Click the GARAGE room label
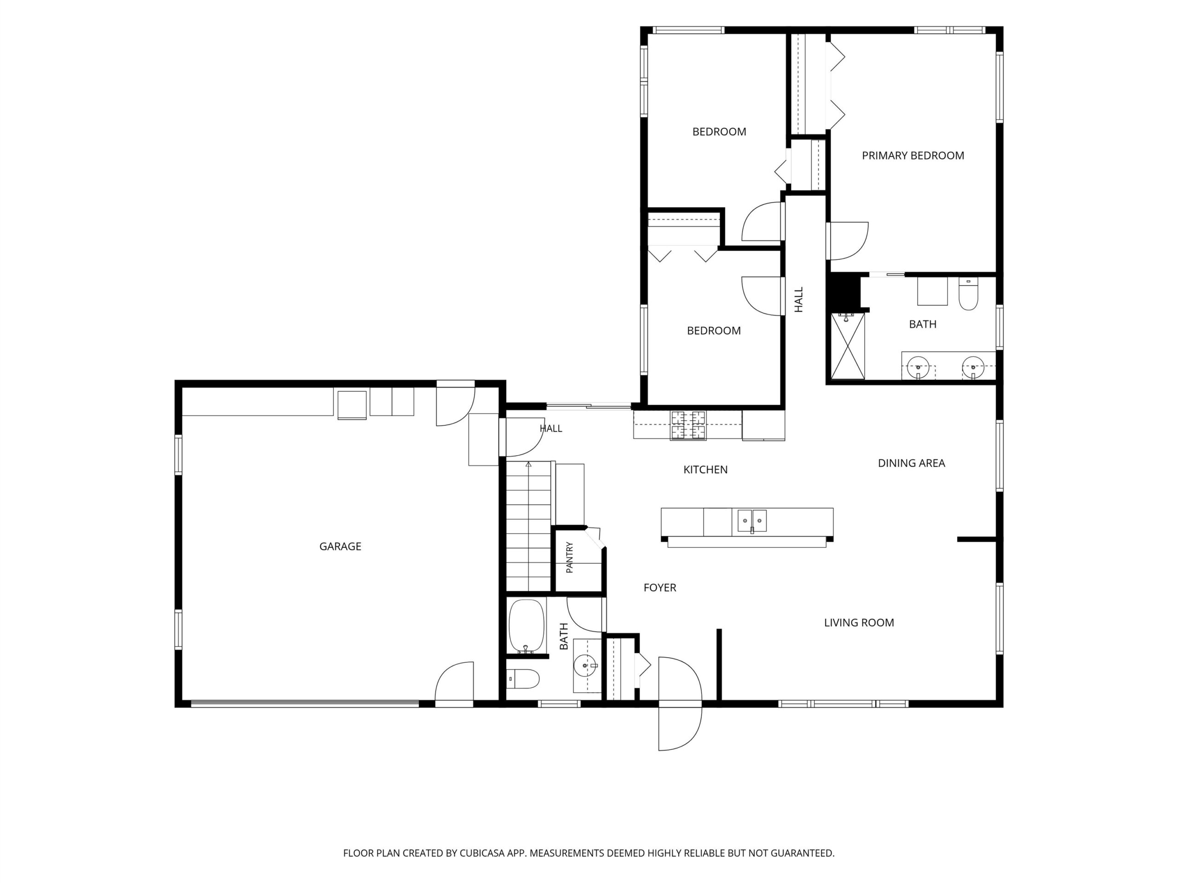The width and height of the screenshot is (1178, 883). [341, 546]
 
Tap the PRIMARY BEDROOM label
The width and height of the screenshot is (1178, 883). [913, 155]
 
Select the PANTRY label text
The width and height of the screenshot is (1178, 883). [569, 557]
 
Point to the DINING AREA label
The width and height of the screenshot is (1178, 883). [911, 463]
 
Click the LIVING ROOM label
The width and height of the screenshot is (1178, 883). [859, 622]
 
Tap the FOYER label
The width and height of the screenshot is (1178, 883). [660, 588]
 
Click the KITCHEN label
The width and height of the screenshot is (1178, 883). [705, 470]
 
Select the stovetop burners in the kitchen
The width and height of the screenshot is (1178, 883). [688, 425]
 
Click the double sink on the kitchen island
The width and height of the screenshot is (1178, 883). [752, 521]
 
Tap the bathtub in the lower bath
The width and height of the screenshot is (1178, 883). [527, 626]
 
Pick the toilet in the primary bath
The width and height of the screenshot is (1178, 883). [968, 294]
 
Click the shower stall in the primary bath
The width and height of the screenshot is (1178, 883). [848, 346]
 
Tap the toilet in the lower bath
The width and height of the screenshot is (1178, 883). [522, 679]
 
